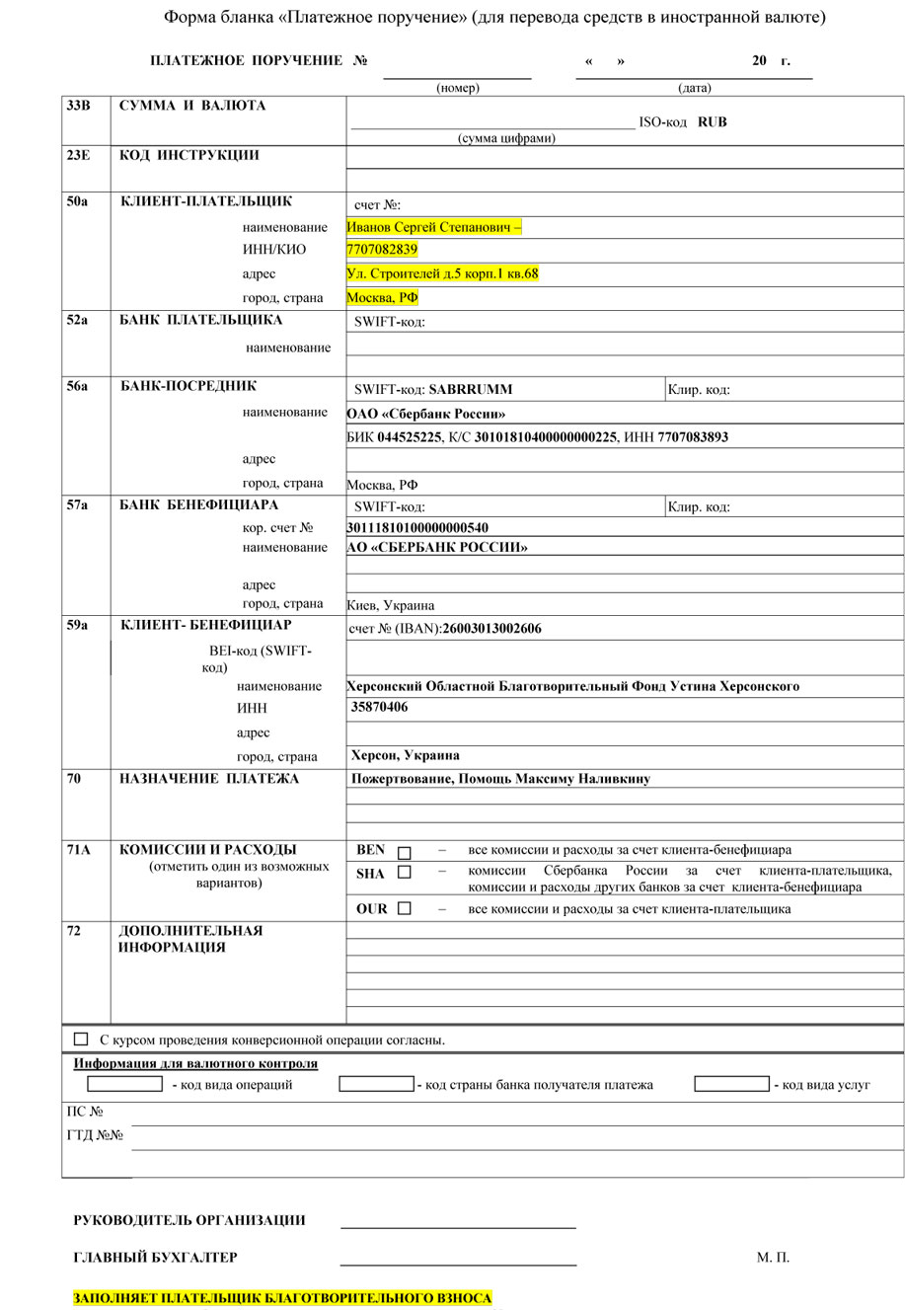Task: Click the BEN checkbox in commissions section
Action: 405,852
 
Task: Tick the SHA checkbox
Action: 405,873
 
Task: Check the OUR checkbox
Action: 405,909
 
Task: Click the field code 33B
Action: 78,106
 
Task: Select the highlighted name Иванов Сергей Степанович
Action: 433,227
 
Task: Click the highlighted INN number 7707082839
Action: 382,250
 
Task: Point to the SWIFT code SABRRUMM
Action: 470,390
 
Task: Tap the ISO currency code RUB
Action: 712,123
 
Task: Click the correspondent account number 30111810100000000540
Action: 417,528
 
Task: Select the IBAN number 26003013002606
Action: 491,629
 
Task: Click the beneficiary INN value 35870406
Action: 379,707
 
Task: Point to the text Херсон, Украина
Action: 405,755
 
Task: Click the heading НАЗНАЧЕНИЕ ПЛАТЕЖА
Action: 209,779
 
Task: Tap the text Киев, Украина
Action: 391,605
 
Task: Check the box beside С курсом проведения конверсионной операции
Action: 81,1040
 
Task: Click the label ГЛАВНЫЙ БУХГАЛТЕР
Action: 155,1258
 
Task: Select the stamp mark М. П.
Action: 773,1258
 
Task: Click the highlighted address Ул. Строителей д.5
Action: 442,273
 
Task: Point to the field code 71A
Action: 78,850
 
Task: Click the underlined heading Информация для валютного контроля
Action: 195,1064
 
